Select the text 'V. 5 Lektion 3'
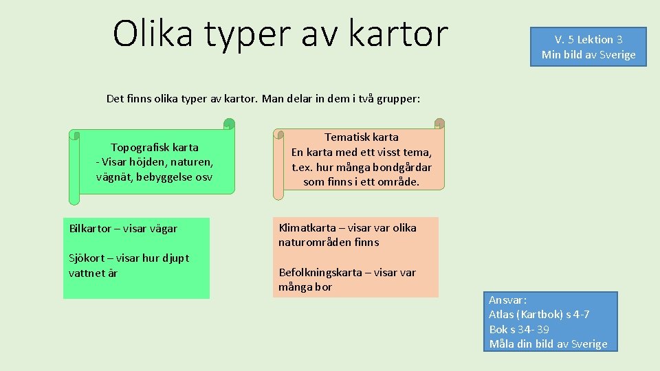(x=588, y=40)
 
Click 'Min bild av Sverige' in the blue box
(x=588, y=55)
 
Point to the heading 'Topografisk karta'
(x=155, y=147)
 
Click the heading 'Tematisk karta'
(x=361, y=137)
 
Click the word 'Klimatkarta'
(x=307, y=227)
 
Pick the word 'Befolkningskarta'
(x=320, y=272)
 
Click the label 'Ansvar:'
(x=507, y=300)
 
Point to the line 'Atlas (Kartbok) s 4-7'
(x=539, y=315)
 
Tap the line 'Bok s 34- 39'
(x=519, y=330)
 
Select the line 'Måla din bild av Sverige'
(x=548, y=344)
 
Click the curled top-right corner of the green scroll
(x=229, y=124)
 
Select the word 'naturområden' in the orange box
(x=311, y=243)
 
